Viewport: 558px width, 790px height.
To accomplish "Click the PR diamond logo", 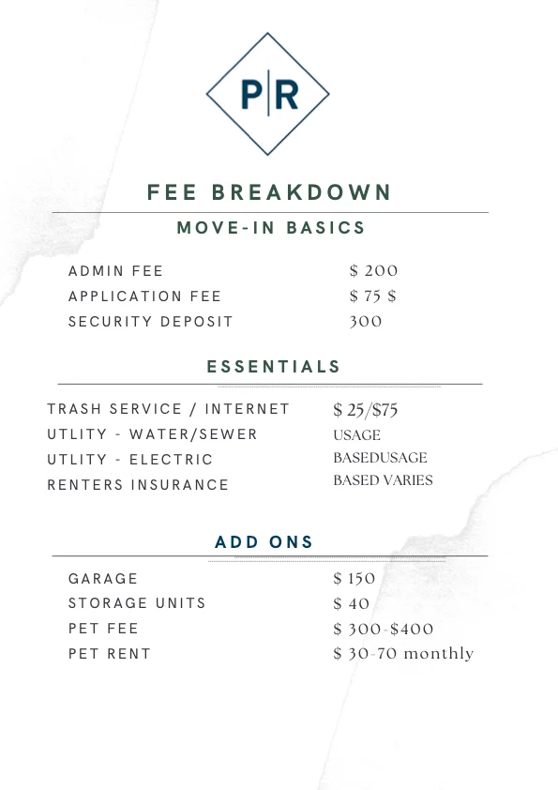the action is click(268, 94).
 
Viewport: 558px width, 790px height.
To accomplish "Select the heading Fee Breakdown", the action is click(268, 192).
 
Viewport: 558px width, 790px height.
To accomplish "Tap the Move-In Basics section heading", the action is click(271, 228).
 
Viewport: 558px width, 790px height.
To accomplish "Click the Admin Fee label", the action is click(115, 271).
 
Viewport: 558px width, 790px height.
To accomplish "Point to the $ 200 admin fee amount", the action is click(373, 271).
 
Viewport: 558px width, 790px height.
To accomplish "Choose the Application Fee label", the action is click(144, 296).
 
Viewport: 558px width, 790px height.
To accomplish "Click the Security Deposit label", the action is click(150, 322).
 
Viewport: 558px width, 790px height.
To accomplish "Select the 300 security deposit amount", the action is click(366, 322).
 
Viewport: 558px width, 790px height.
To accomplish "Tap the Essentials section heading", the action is click(274, 367).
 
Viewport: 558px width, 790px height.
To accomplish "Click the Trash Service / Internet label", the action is click(169, 409).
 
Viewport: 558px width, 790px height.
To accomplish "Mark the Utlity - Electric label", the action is click(130, 460).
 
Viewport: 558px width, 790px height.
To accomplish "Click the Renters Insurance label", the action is click(138, 485).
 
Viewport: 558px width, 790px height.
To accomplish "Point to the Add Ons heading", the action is click(264, 542).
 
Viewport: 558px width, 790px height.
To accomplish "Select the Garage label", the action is click(103, 579).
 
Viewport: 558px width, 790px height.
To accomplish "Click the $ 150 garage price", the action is click(354, 579).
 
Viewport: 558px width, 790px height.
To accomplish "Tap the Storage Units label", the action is click(137, 603).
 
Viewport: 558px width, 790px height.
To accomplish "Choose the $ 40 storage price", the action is click(352, 603).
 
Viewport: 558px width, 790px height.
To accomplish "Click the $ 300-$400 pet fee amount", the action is click(384, 629).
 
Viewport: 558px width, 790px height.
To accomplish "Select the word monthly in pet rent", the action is click(438, 654).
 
